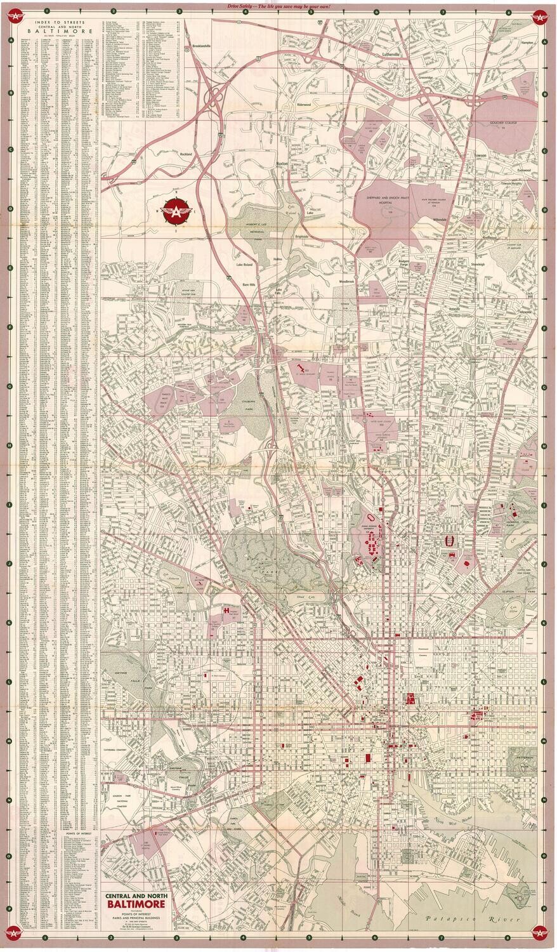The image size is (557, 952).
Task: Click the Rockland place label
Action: click(185, 154)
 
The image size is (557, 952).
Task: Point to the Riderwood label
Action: click(304, 104)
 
